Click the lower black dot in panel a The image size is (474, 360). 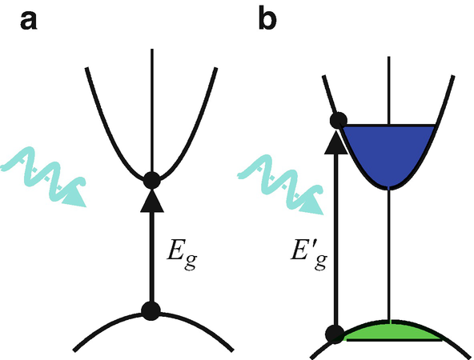151,310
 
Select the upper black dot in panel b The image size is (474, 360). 337,122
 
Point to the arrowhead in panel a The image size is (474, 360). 151,202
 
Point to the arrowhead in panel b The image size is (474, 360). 337,142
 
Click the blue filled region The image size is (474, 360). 388,152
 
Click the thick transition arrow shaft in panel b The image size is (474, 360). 337,240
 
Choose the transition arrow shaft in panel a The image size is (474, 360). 151,256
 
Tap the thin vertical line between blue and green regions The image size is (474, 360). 388,256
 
